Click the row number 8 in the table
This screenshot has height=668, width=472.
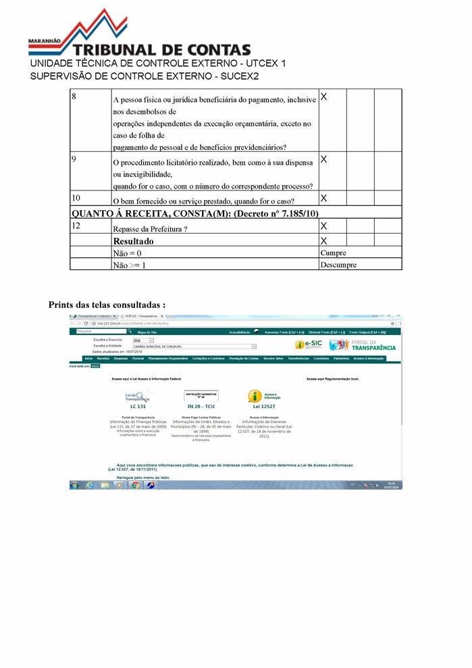pos(74,97)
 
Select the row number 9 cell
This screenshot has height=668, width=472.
pos(74,159)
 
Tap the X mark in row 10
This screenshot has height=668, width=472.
pos(323,198)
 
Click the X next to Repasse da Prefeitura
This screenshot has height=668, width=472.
pos(323,226)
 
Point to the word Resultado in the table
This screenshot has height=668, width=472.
pos(133,240)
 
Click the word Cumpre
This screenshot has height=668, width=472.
pos(333,253)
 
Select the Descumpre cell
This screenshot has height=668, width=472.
pos(338,265)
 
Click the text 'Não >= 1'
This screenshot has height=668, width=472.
pos(129,265)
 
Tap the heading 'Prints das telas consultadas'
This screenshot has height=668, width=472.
pos(107,305)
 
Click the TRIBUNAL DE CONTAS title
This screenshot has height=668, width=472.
pos(162,50)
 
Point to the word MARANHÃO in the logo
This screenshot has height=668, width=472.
pos(44,41)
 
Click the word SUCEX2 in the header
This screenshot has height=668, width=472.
pos(240,76)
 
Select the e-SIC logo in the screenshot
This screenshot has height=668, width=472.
pos(309,344)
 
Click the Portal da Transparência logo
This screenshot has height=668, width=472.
pos(363,344)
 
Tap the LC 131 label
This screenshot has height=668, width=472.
pos(138,407)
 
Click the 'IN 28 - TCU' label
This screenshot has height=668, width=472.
pos(201,407)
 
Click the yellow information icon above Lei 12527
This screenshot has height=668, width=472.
pos(255,396)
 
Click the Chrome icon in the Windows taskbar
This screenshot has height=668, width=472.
pos(135,485)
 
